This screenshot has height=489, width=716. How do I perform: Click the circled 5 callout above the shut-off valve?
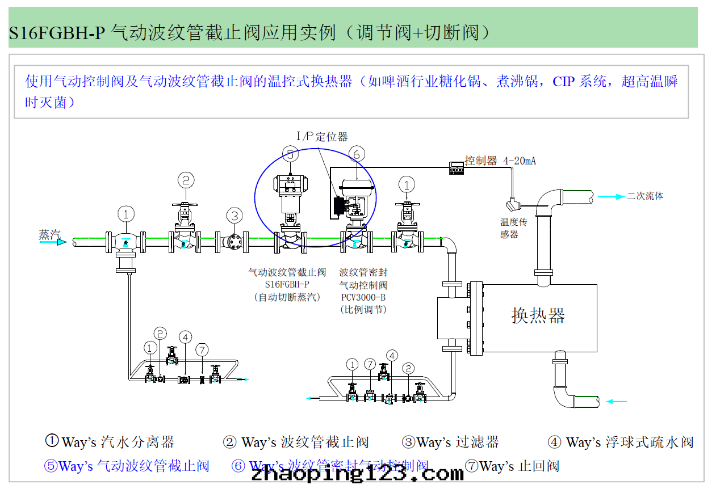(x=290, y=153)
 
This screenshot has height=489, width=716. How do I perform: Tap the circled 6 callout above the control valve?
(x=357, y=153)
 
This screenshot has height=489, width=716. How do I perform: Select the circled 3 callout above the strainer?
(x=234, y=215)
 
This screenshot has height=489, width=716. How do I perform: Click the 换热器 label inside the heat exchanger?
(x=538, y=315)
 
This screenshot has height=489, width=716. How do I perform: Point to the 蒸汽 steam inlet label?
(x=49, y=234)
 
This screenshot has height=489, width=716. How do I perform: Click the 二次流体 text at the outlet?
(x=644, y=196)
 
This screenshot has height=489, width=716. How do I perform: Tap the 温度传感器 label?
(x=513, y=228)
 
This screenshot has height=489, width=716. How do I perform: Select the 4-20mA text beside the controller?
(x=519, y=161)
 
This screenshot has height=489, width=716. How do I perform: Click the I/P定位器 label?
(x=322, y=137)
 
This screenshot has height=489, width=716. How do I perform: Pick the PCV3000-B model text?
(x=363, y=297)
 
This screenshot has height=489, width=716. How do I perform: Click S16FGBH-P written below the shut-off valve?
(x=287, y=285)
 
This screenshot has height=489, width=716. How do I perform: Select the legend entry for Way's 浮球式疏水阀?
(x=621, y=442)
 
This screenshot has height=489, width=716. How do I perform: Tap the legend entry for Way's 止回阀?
(x=512, y=466)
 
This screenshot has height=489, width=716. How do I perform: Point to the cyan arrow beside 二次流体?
(x=611, y=196)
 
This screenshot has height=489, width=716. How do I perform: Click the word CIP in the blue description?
(x=563, y=81)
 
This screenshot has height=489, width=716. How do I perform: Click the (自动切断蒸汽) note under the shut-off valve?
(x=287, y=297)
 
